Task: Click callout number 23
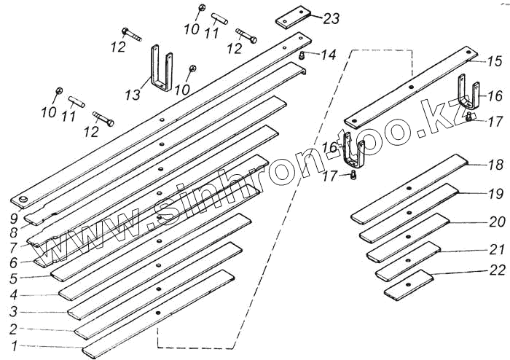coord(331,19)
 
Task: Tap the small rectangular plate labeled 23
coord(295,17)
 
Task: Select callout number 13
coord(133,95)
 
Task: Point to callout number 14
coord(328,55)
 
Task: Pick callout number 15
coord(494,60)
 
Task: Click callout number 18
coord(495,165)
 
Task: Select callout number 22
coord(495,270)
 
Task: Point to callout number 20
coord(495,220)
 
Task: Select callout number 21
coord(495,248)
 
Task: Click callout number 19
coord(495,194)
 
